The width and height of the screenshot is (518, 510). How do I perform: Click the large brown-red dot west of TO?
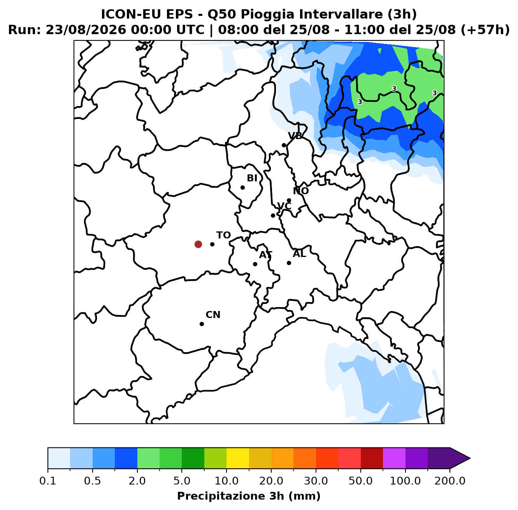pyautogui.click(x=198, y=244)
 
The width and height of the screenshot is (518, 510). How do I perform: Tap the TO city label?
pyautogui.click(x=224, y=235)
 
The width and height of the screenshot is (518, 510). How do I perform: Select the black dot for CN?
pyautogui.click(x=202, y=324)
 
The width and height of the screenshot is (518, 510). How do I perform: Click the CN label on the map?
pyautogui.click(x=213, y=315)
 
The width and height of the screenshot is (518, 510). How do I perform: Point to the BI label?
pyautogui.click(x=252, y=178)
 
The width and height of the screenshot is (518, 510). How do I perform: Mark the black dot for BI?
pyautogui.click(x=242, y=187)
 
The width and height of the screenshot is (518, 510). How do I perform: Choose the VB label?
pyautogui.click(x=295, y=136)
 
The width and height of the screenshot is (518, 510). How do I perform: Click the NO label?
pyautogui.click(x=301, y=191)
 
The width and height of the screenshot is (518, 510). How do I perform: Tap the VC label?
pyautogui.click(x=284, y=206)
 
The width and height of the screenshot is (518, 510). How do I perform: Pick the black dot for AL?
pyautogui.click(x=289, y=263)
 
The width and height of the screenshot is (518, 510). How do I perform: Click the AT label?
pyautogui.click(x=266, y=255)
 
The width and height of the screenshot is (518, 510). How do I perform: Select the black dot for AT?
pyautogui.click(x=255, y=264)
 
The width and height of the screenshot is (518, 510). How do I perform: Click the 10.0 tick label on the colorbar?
pyautogui.click(x=227, y=481)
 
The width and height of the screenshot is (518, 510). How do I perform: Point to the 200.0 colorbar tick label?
pyautogui.click(x=450, y=481)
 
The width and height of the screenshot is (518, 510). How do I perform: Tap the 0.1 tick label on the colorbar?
pyautogui.click(x=48, y=481)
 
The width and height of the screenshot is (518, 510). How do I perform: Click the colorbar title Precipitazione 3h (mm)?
pyautogui.click(x=249, y=496)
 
